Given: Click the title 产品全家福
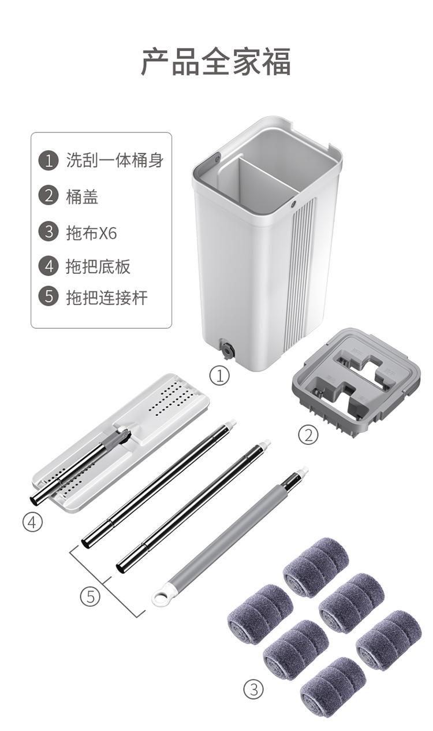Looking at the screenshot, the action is click(x=215, y=61).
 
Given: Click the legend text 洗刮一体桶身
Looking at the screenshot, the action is click(x=115, y=160).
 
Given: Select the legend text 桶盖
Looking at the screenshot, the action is click(x=82, y=197).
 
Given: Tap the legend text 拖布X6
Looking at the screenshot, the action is click(x=92, y=233).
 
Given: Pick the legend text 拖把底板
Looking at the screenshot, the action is click(x=98, y=266).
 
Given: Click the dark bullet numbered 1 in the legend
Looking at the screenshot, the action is click(x=48, y=160).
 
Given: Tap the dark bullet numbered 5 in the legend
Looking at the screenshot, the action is click(x=48, y=296).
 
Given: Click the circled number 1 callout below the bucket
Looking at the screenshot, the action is click(x=219, y=376).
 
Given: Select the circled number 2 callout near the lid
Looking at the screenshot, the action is click(x=308, y=435).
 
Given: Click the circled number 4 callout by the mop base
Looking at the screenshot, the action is click(x=32, y=522).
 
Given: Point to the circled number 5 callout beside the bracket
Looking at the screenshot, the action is click(x=90, y=597).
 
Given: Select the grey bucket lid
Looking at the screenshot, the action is click(x=356, y=382).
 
